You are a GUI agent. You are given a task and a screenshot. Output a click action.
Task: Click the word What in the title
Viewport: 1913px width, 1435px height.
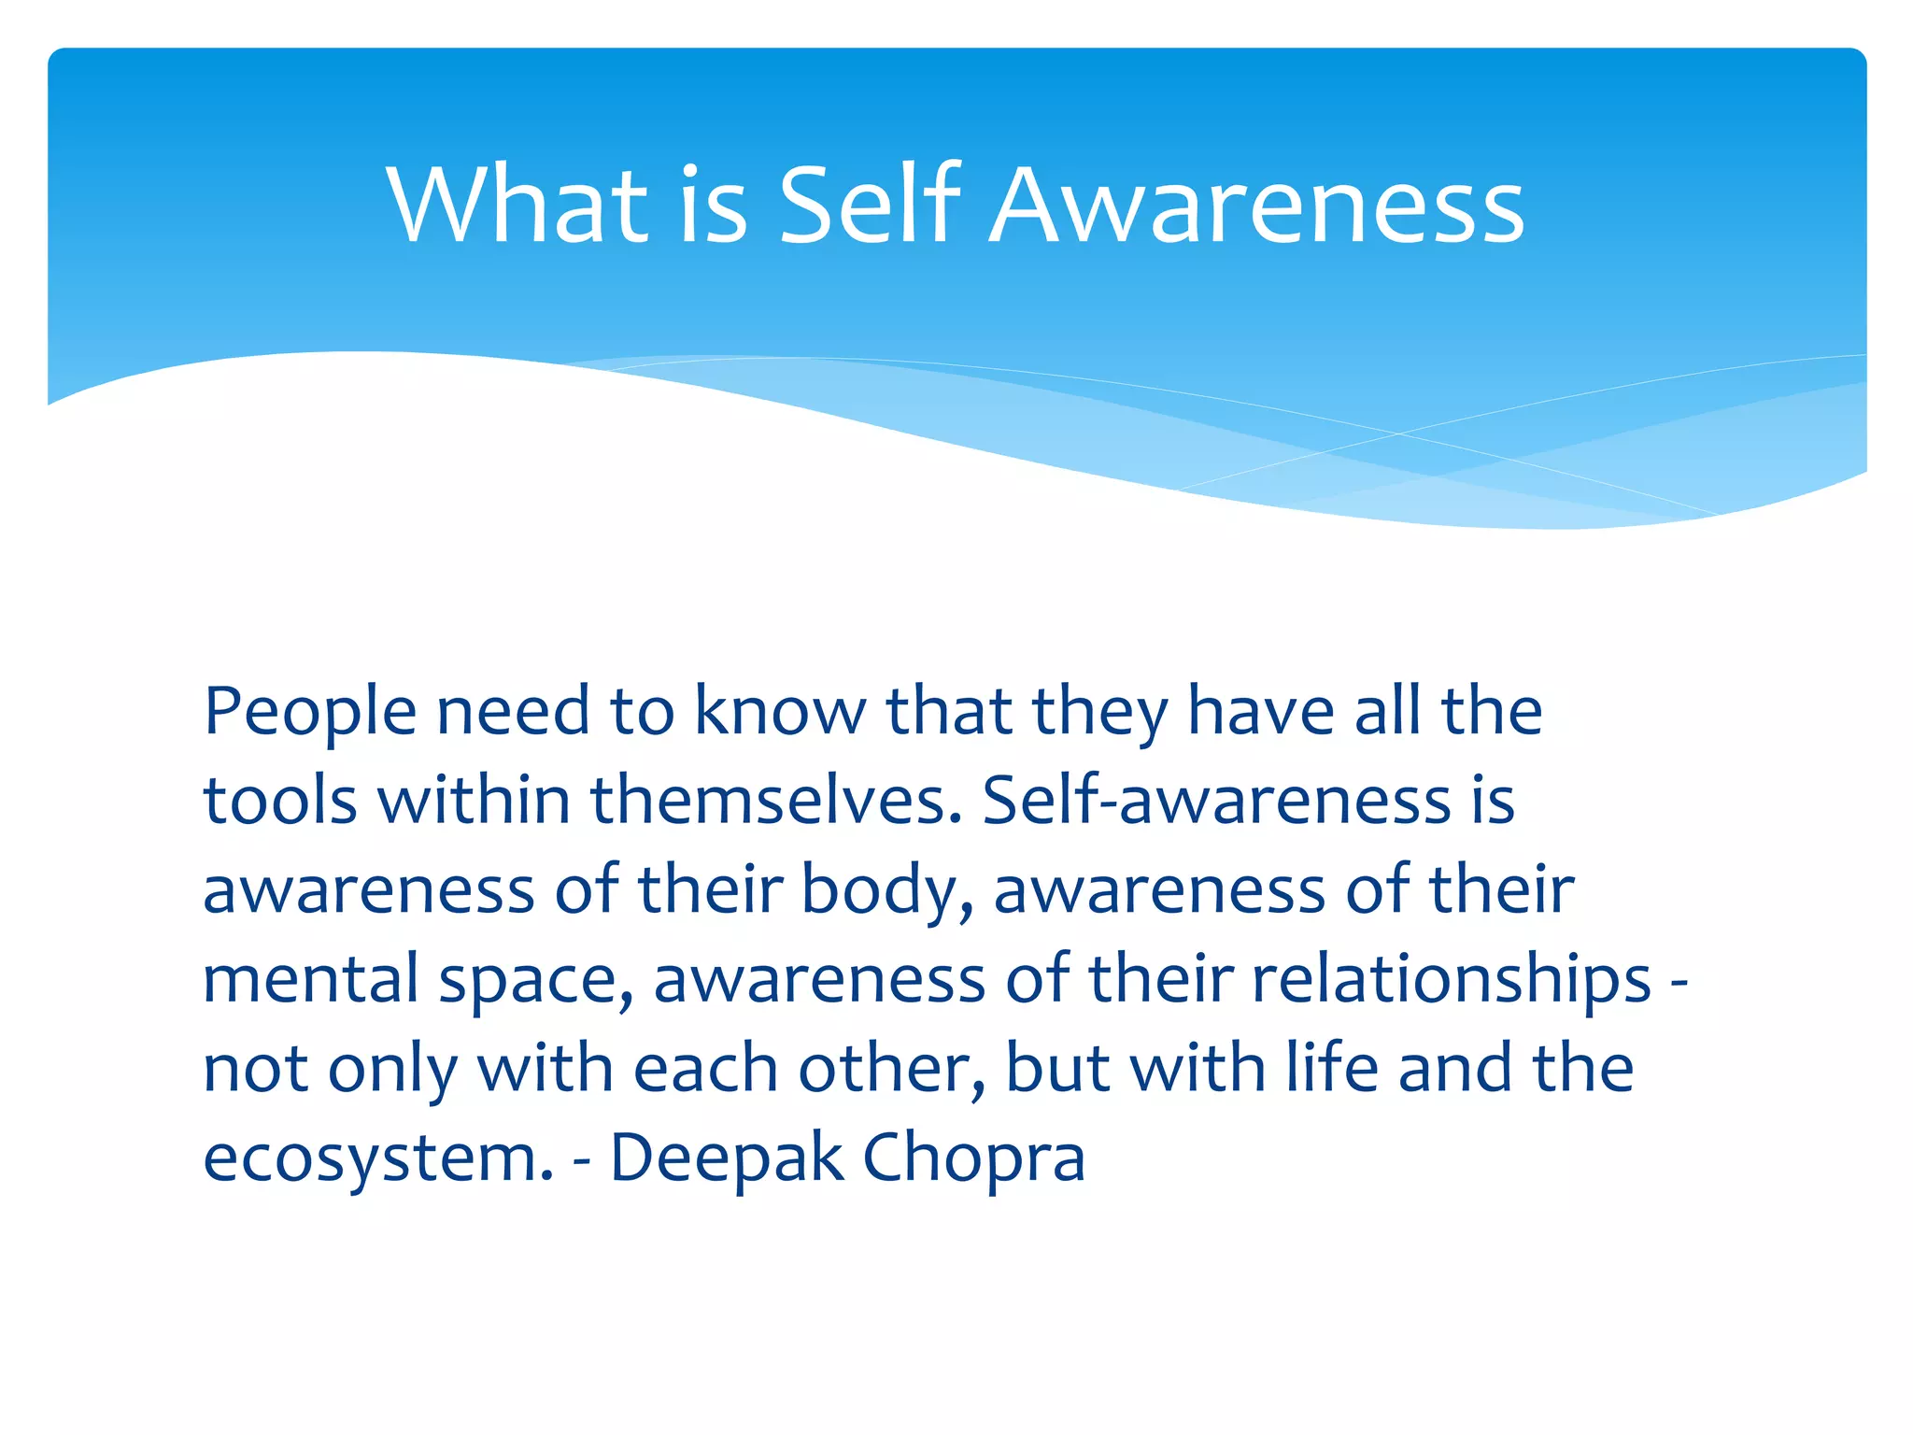(x=517, y=205)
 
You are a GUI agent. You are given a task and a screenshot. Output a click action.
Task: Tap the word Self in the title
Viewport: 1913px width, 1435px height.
(x=869, y=205)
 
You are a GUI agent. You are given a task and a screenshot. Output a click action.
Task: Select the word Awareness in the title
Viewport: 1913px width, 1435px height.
(x=1256, y=205)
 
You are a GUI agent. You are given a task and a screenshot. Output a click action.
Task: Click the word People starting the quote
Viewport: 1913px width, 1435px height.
(x=309, y=712)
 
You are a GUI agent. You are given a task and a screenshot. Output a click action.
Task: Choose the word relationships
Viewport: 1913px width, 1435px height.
(x=1452, y=979)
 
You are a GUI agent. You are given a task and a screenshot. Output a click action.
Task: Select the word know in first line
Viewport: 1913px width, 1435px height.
(x=780, y=712)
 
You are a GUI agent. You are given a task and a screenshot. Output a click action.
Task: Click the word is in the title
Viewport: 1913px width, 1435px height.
(x=713, y=205)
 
